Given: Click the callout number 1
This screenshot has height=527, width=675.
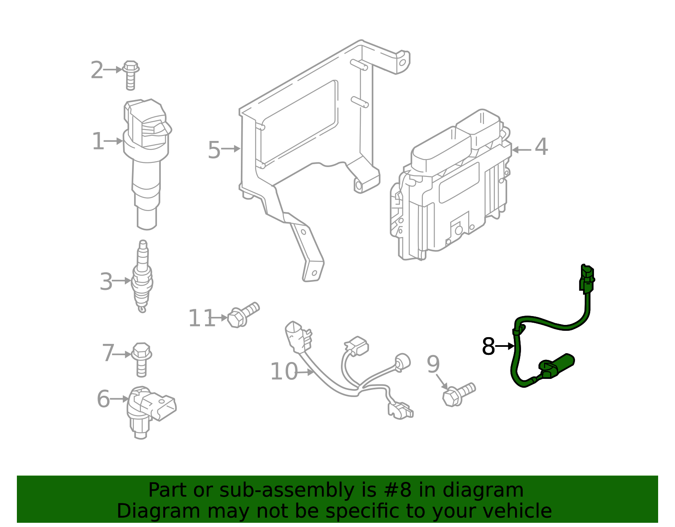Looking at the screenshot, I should pos(98,141).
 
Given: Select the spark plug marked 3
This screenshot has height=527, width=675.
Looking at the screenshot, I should pos(142,276).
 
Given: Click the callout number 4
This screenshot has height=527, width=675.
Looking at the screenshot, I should pos(541,147).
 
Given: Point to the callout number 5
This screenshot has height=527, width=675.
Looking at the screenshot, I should pos(214,150).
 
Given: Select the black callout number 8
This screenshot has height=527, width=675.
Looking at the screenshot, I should pos(488,347).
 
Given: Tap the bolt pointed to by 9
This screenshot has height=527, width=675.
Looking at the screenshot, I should pos(458,394).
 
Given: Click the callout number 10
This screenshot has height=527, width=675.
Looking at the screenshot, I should pos(283,372).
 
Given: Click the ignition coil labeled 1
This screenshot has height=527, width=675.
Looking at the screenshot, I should pos(146,160).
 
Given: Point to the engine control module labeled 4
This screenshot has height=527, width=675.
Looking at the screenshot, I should pos(451,190).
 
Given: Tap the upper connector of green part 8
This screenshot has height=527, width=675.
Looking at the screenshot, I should pos(587,278).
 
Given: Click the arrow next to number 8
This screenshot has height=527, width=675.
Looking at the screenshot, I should pos(505,346).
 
